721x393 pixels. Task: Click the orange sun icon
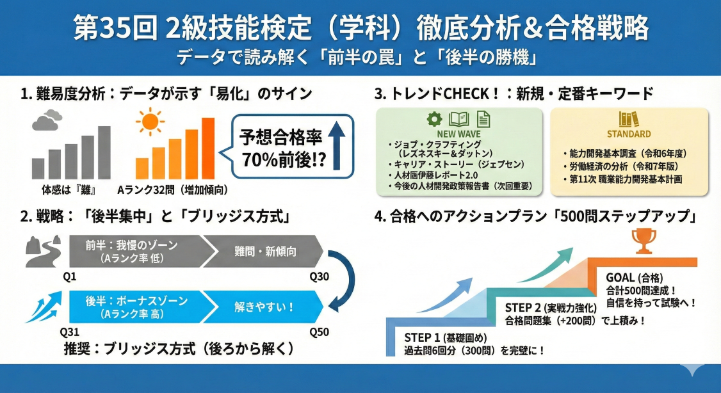click(x=150, y=123)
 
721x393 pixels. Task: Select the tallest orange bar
click(x=208, y=148)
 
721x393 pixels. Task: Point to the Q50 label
click(x=318, y=332)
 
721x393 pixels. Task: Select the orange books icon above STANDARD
click(x=629, y=119)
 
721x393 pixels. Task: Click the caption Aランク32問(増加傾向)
click(x=173, y=190)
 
